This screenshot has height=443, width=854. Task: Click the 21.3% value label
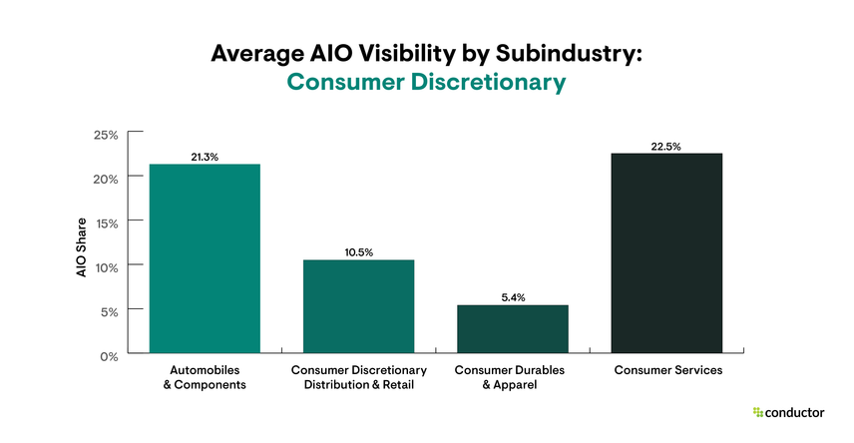tap(205, 157)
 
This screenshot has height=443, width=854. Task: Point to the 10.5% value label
tap(358, 252)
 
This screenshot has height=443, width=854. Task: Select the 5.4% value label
tap(512, 297)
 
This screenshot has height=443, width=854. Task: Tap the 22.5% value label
tap(666, 146)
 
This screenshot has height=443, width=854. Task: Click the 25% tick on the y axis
tap(107, 134)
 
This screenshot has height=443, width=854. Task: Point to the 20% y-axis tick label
tap(107, 178)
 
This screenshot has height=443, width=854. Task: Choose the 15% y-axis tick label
tap(107, 222)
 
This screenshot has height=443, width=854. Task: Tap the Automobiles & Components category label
tap(205, 377)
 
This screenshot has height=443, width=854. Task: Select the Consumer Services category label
tap(666, 370)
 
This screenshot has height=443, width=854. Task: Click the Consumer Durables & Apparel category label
tap(512, 377)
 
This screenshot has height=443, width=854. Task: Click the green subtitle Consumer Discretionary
tap(426, 83)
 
